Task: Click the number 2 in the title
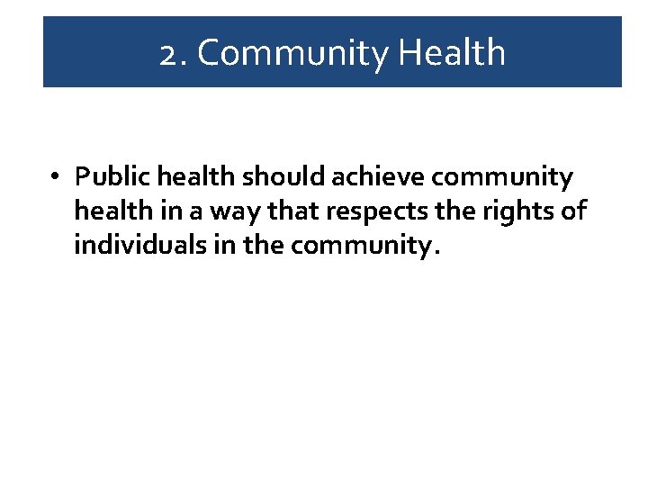[x=167, y=54]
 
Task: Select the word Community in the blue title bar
[x=292, y=54]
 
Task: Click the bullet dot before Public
[x=56, y=177]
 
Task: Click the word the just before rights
[x=447, y=211]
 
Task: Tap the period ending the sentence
[x=437, y=253]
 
